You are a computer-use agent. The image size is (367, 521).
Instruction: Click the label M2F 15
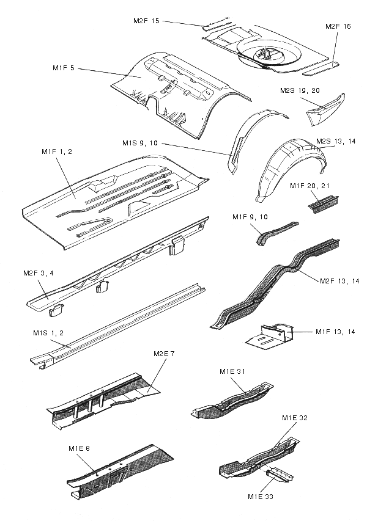click(x=146, y=21)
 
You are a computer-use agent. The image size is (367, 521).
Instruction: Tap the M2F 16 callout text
click(x=338, y=27)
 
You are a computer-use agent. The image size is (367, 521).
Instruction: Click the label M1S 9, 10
click(x=140, y=143)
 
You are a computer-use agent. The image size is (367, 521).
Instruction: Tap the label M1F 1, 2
click(x=57, y=151)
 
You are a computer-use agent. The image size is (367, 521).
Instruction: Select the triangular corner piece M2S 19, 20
click(x=327, y=108)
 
